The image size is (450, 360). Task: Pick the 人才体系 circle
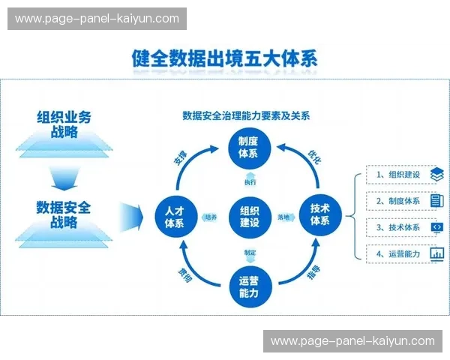pos(174,216)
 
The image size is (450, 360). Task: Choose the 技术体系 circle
pos(320,216)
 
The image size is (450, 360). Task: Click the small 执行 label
pos(250,181)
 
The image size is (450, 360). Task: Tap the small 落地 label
pos(283,217)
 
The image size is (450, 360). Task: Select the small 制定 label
pos(250,253)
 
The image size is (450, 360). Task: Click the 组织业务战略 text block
pos(64,124)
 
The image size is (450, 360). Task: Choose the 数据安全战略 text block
pos(64,214)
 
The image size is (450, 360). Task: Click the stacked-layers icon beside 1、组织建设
pos(437,175)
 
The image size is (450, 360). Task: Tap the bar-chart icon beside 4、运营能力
pos(437,253)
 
